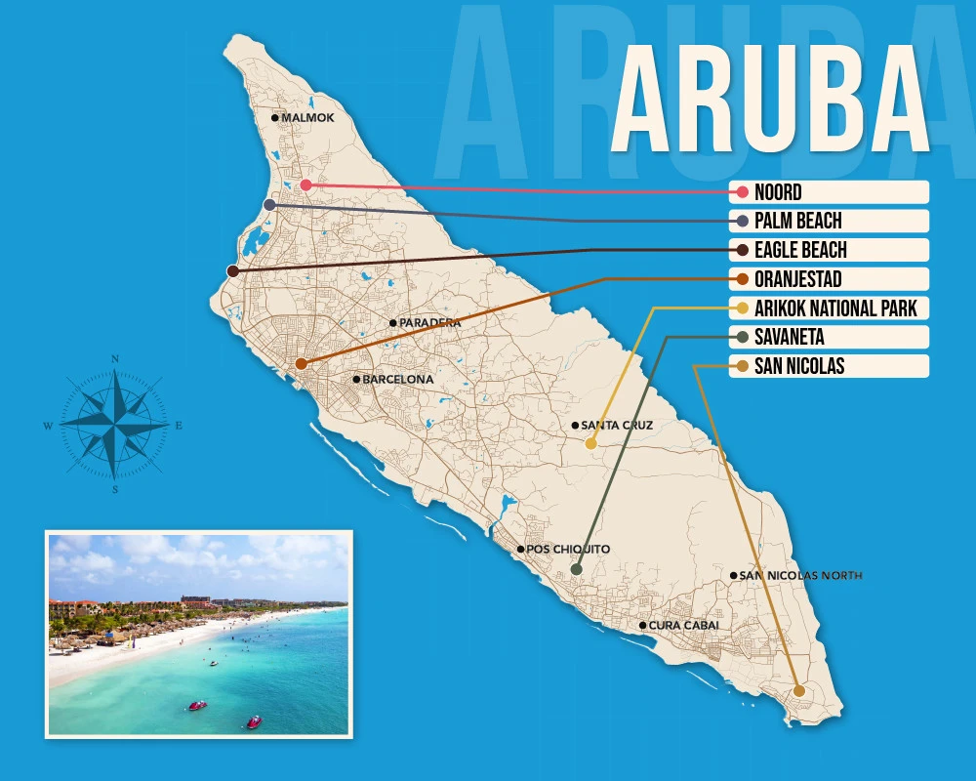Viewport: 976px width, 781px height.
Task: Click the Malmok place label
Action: [307, 118]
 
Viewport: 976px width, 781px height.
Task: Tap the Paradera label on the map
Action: [429, 322]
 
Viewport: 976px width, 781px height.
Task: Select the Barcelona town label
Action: [397, 379]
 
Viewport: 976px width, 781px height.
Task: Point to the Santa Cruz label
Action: [617, 425]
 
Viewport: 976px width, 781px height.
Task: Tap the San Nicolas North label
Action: [800, 575]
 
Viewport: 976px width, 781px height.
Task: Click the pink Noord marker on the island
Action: [305, 185]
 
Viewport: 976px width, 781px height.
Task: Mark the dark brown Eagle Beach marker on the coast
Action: [232, 270]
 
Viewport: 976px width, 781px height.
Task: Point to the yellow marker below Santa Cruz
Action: [590, 443]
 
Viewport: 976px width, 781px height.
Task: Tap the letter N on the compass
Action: [115, 359]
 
